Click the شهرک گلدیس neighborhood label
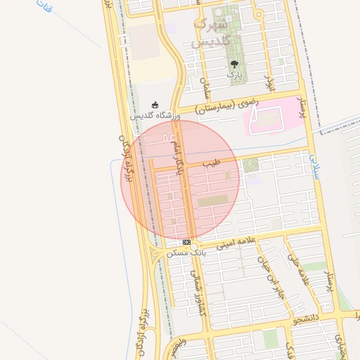210,34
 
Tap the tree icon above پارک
234,64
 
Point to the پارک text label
234,73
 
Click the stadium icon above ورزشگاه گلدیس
155,105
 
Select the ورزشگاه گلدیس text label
155,115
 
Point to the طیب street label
211,163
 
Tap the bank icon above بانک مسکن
186,242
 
